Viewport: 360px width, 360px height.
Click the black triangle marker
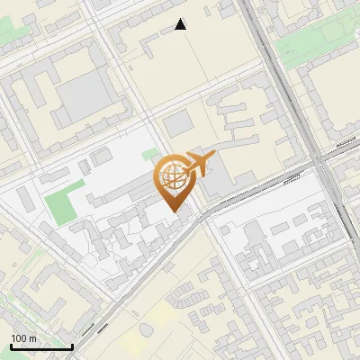point(181,25)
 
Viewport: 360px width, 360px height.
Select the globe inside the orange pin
point(174,178)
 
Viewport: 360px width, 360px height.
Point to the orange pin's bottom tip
point(175,211)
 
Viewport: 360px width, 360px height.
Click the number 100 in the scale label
point(19,338)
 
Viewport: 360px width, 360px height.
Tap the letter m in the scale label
point(32,338)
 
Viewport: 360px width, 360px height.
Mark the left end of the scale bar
point(10,346)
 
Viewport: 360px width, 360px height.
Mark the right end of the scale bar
point(72,346)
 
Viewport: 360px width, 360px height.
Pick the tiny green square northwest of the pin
point(149,155)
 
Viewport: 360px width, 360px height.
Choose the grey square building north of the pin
point(177,121)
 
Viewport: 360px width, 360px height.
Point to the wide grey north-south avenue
point(288,90)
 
